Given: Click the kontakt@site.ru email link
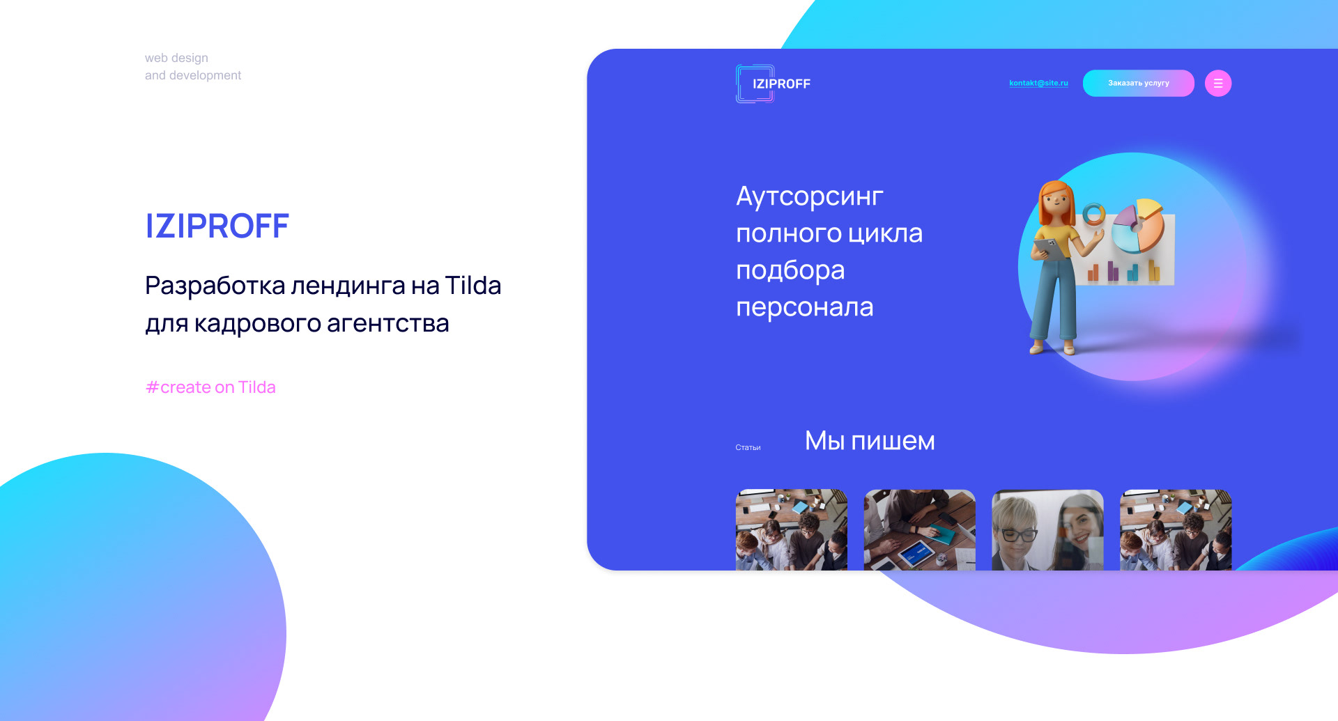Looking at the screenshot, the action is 1038,83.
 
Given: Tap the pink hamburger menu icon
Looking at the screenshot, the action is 1218,84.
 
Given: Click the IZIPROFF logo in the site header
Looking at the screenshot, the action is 774,84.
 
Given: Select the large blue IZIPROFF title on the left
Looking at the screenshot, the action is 217,226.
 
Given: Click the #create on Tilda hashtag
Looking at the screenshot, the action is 210,387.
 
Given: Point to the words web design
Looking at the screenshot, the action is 176,58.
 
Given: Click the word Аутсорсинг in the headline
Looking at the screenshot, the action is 810,197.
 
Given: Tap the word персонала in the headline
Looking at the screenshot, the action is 805,307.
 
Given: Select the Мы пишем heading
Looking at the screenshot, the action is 870,441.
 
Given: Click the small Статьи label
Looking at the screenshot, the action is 748,447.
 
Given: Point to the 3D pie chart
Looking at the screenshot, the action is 1137,225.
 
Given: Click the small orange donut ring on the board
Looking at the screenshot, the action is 1093,214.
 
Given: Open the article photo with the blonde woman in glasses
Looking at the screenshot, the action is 1047,530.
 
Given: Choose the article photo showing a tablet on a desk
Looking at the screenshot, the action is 919,530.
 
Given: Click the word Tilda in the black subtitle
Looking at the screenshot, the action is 472,286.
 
